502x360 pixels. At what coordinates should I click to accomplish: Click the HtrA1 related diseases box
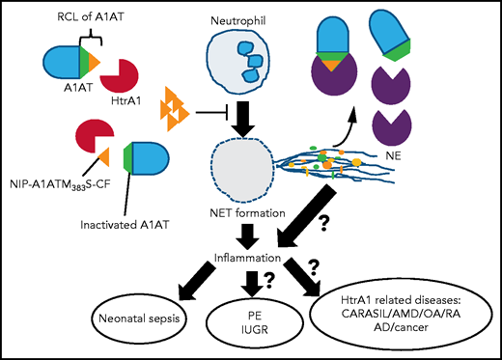pos(402,315)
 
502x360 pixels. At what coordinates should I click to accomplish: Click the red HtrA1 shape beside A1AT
pos(125,78)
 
